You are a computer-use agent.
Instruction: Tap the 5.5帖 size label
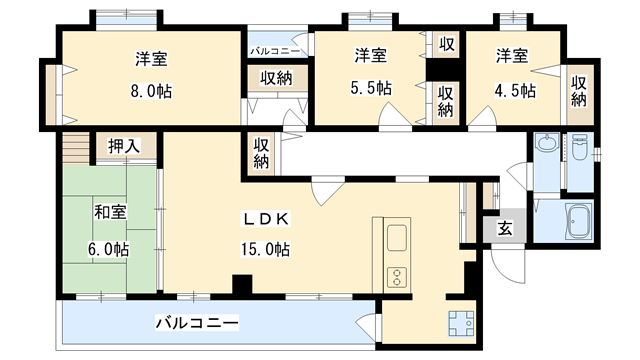point(371,88)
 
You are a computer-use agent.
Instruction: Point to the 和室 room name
point(110,212)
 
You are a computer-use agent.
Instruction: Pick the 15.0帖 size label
point(265,247)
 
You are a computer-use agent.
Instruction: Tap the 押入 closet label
point(125,146)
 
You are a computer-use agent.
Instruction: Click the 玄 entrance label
point(505,229)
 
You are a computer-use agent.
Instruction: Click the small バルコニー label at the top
point(271,48)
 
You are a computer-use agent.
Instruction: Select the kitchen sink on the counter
point(395,240)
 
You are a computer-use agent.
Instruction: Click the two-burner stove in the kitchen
point(395,273)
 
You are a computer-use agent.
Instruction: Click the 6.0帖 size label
point(107,248)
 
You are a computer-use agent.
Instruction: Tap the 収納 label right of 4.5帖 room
point(579,91)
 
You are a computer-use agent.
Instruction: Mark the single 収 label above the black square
point(443,46)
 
